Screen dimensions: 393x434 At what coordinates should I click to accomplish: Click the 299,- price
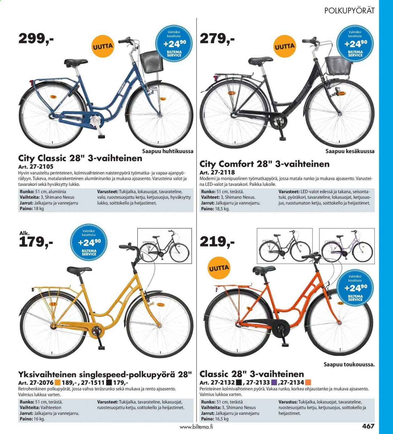pos(36,39)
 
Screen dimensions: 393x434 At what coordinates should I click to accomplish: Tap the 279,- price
pos(217,39)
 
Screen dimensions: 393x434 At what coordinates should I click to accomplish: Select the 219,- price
pos(217,242)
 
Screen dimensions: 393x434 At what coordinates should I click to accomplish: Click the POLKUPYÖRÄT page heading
pos(349,10)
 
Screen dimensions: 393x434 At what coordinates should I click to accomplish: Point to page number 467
pos(368,426)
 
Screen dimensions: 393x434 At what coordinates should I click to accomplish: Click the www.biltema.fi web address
pos(196,427)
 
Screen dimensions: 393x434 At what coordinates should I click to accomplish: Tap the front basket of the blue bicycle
pos(152,62)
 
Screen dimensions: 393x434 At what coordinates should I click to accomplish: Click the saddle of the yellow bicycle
pos(79,270)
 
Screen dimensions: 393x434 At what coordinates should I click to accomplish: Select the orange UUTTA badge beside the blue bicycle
pos(103,46)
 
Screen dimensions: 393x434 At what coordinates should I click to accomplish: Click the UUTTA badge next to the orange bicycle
pos(219,268)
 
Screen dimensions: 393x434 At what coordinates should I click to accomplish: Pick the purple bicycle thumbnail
pos(347,246)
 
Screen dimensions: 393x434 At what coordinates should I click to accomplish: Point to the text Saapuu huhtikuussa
pos(168,151)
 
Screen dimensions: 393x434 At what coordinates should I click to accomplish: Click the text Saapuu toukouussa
pos(349,364)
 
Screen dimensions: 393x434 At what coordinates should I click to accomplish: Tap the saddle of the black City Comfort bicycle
pos(261,61)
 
